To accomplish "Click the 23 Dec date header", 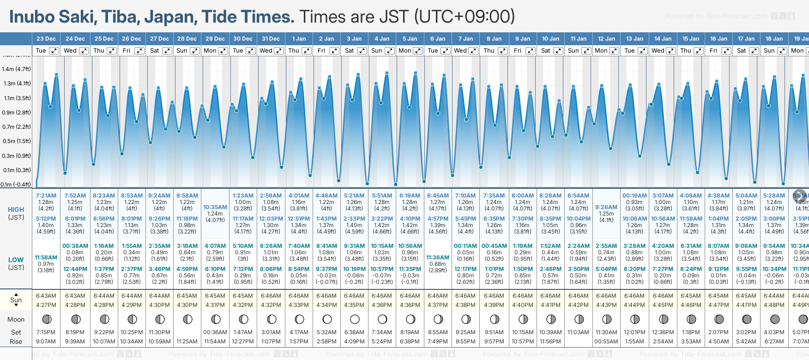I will (x=46, y=39).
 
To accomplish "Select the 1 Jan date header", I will (x=299, y=39).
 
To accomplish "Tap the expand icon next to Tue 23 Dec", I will (x=54, y=51).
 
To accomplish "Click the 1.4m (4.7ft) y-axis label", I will (x=16, y=69).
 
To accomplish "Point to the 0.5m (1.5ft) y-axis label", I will (x=16, y=141).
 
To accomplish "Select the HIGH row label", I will (x=16, y=210).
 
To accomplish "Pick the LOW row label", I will (x=16, y=260).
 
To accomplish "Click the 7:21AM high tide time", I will (x=46, y=196).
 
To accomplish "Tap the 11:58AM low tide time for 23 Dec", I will (x=46, y=258).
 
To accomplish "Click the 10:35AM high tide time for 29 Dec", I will (x=215, y=207).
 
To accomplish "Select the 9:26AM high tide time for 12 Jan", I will (x=606, y=207).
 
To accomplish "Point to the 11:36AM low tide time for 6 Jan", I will (x=438, y=258).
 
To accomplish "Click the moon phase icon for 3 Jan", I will (x=355, y=319).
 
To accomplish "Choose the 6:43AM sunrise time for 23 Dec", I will (x=46, y=296).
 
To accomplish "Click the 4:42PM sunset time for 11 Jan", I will (x=578, y=305).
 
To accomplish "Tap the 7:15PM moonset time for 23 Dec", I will (x=46, y=332).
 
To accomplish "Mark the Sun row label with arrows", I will (x=16, y=300).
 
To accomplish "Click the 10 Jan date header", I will (x=550, y=39).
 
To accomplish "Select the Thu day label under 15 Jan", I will (x=686, y=51).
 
